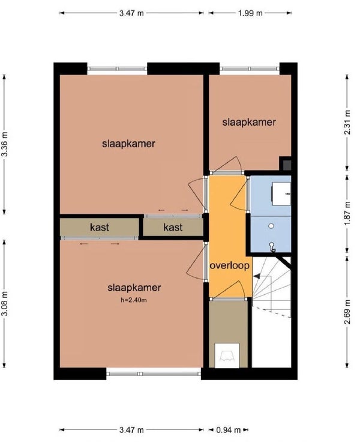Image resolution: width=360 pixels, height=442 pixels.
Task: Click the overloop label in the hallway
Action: pyautogui.click(x=230, y=265)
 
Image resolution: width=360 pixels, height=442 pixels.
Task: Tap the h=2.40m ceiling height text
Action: pyautogui.click(x=134, y=300)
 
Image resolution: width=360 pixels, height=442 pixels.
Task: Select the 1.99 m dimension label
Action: pyautogui.click(x=250, y=13)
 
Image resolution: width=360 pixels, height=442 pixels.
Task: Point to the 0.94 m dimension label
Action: pyautogui.click(x=229, y=430)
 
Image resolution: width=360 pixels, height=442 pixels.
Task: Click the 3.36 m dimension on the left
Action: pyautogui.click(x=5, y=144)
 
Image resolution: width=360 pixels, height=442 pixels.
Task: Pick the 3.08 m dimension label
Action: pyautogui.click(x=5, y=304)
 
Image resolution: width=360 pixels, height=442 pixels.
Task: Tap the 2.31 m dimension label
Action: pyautogui.click(x=347, y=122)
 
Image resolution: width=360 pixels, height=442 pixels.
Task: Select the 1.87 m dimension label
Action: pyautogui.click(x=347, y=213)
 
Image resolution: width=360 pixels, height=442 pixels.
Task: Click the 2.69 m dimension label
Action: pyautogui.click(x=347, y=312)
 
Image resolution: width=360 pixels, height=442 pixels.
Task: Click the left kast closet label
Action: pyautogui.click(x=100, y=227)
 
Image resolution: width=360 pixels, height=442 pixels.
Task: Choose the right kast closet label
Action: pyautogui.click(x=173, y=227)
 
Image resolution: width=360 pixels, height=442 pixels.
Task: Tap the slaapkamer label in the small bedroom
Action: pyautogui.click(x=249, y=123)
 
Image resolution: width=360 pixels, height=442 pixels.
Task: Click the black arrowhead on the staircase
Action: pyautogui.click(x=257, y=276)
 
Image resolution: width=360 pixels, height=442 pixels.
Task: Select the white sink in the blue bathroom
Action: pyautogui.click(x=281, y=193)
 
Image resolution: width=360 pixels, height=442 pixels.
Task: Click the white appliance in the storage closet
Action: pyautogui.click(x=227, y=356)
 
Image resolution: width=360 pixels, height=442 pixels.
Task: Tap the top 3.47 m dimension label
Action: pyautogui.click(x=131, y=13)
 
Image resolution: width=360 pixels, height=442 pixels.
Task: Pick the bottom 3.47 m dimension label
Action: pyautogui.click(x=131, y=430)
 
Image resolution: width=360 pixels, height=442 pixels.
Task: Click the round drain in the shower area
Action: pyautogui.click(x=271, y=226)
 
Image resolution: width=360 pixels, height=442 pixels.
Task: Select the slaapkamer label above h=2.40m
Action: pyautogui.click(x=134, y=288)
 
